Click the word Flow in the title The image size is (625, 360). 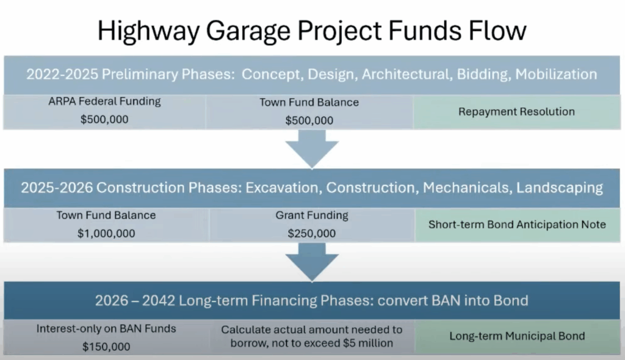(497, 31)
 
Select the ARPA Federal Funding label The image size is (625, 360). (104, 102)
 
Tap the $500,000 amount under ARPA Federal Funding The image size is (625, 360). (104, 119)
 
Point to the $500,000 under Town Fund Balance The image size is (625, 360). (309, 120)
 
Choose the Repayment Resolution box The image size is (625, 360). (517, 112)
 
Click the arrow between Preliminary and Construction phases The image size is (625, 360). (312, 149)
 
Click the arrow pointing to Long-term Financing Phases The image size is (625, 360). (312, 262)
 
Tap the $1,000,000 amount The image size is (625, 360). (106, 233)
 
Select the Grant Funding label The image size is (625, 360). (312, 215)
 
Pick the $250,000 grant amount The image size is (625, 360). (312, 233)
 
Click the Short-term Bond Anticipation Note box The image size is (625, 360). (518, 225)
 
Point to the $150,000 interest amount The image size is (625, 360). (106, 347)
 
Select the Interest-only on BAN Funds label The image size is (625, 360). (106, 328)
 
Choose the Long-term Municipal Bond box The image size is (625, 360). (518, 336)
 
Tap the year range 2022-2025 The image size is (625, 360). (62, 74)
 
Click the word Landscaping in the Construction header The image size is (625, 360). (560, 188)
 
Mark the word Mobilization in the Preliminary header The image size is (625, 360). (557, 74)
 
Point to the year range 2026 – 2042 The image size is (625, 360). (135, 301)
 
